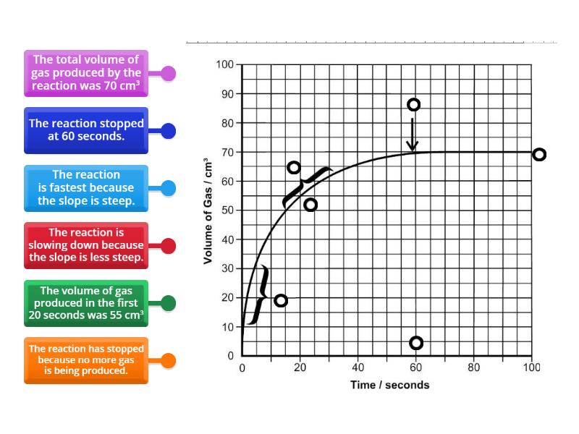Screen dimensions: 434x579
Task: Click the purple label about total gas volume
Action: point(86,73)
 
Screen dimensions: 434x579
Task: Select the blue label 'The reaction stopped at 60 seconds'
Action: point(86,130)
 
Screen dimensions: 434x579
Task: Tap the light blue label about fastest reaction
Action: point(86,188)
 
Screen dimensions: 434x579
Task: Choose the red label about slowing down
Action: point(86,245)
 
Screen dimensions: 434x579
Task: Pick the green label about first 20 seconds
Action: point(86,303)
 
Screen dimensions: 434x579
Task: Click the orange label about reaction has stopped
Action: point(86,359)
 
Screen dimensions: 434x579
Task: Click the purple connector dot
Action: point(168,73)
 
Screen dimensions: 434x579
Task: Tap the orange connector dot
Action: point(168,360)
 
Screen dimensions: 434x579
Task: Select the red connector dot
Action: point(168,246)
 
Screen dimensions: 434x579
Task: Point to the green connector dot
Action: point(168,303)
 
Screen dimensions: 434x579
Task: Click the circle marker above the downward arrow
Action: point(413,105)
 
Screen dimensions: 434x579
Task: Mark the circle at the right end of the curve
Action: point(538,154)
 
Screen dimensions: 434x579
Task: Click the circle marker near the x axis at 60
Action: point(415,343)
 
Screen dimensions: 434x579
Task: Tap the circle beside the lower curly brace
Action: point(281,300)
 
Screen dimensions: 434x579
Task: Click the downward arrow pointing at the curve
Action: point(413,135)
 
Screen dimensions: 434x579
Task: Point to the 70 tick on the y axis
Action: point(226,153)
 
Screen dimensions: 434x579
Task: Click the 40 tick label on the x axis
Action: point(358,367)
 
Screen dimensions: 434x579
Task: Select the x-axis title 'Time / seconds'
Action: point(390,385)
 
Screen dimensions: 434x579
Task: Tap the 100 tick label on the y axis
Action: point(224,65)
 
